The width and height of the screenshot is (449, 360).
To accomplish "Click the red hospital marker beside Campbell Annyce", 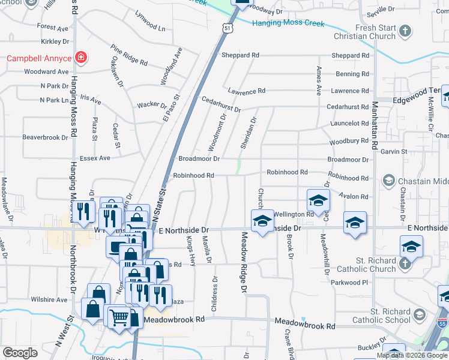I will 80,58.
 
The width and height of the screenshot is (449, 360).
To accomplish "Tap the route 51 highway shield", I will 226,28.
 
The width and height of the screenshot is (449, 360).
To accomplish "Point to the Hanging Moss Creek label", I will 288,23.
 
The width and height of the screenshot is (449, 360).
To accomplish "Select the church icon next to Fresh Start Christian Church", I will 406,31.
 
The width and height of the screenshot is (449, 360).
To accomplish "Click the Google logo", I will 20,352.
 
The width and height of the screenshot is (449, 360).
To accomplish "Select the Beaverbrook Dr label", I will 46,137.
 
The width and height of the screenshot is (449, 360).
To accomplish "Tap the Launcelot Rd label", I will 349,124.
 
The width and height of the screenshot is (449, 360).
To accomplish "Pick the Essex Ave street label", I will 96,158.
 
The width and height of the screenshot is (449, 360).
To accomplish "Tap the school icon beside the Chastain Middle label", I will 389,180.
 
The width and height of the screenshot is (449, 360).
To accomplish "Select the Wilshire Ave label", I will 49,299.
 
